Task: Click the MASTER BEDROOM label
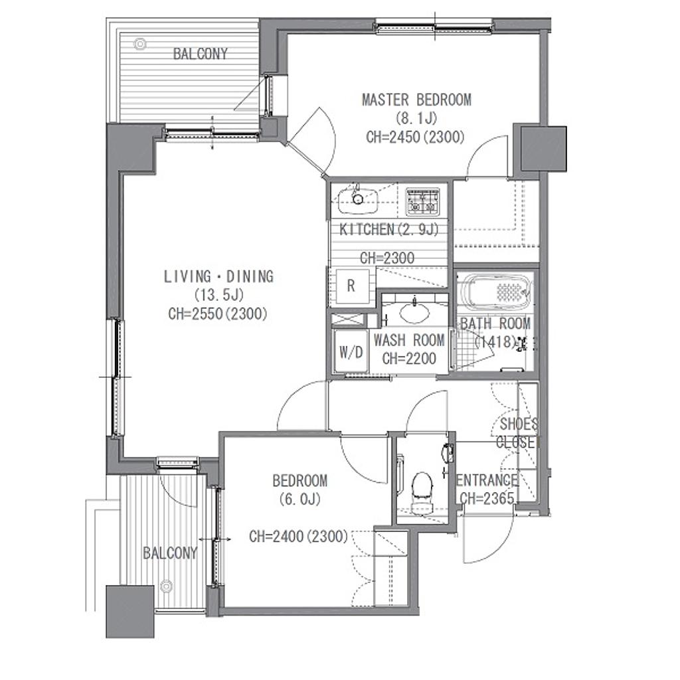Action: (x=416, y=100)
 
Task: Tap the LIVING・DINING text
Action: (x=218, y=276)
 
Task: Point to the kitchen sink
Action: (x=358, y=200)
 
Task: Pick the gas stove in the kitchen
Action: (x=421, y=201)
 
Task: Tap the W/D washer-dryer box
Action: (x=351, y=352)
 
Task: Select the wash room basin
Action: (x=414, y=312)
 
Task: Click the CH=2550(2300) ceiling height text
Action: (x=218, y=313)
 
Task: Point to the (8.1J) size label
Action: (x=416, y=118)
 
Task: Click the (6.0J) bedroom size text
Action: (x=300, y=499)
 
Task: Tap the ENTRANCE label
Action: (x=487, y=480)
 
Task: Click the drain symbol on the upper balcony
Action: (x=139, y=44)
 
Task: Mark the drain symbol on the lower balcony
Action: (x=166, y=587)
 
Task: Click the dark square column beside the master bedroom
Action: (x=543, y=148)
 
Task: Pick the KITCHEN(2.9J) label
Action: (x=388, y=229)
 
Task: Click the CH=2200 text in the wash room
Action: (x=409, y=358)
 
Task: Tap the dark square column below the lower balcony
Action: (x=130, y=612)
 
